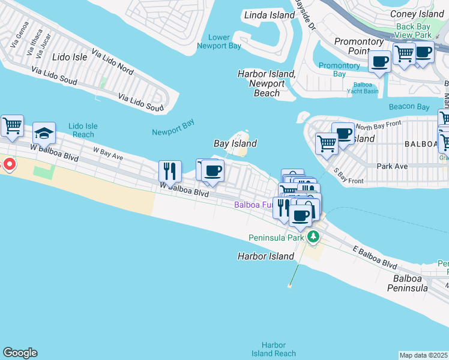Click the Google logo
tap(20, 353)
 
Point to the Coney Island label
tap(417, 14)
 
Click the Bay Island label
tap(235, 143)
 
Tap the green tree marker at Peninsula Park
tap(313, 238)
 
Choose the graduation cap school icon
tap(44, 133)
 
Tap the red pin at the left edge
tap(9, 164)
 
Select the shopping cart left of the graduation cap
tap(12, 126)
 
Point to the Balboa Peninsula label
tap(411, 284)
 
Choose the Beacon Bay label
tap(409, 107)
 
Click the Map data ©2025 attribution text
tap(424, 355)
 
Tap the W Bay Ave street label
tap(107, 154)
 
